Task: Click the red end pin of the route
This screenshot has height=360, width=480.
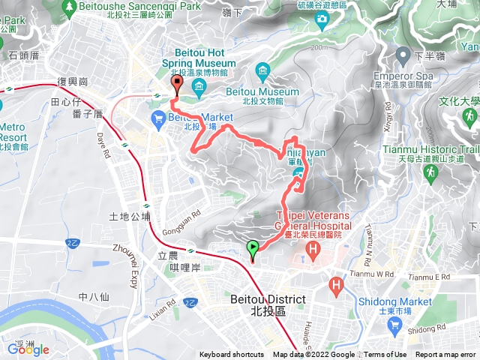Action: click(176, 83)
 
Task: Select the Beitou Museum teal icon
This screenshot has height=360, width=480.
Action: click(262, 73)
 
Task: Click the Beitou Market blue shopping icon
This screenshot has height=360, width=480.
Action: click(159, 118)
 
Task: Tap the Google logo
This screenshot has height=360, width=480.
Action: click(28, 349)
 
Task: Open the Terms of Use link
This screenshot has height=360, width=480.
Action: click(385, 355)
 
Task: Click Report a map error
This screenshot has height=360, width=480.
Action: click(446, 355)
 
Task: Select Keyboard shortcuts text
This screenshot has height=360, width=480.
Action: click(231, 355)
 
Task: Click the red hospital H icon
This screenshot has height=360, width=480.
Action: click(336, 285)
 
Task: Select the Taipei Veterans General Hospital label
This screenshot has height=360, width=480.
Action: click(307, 223)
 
